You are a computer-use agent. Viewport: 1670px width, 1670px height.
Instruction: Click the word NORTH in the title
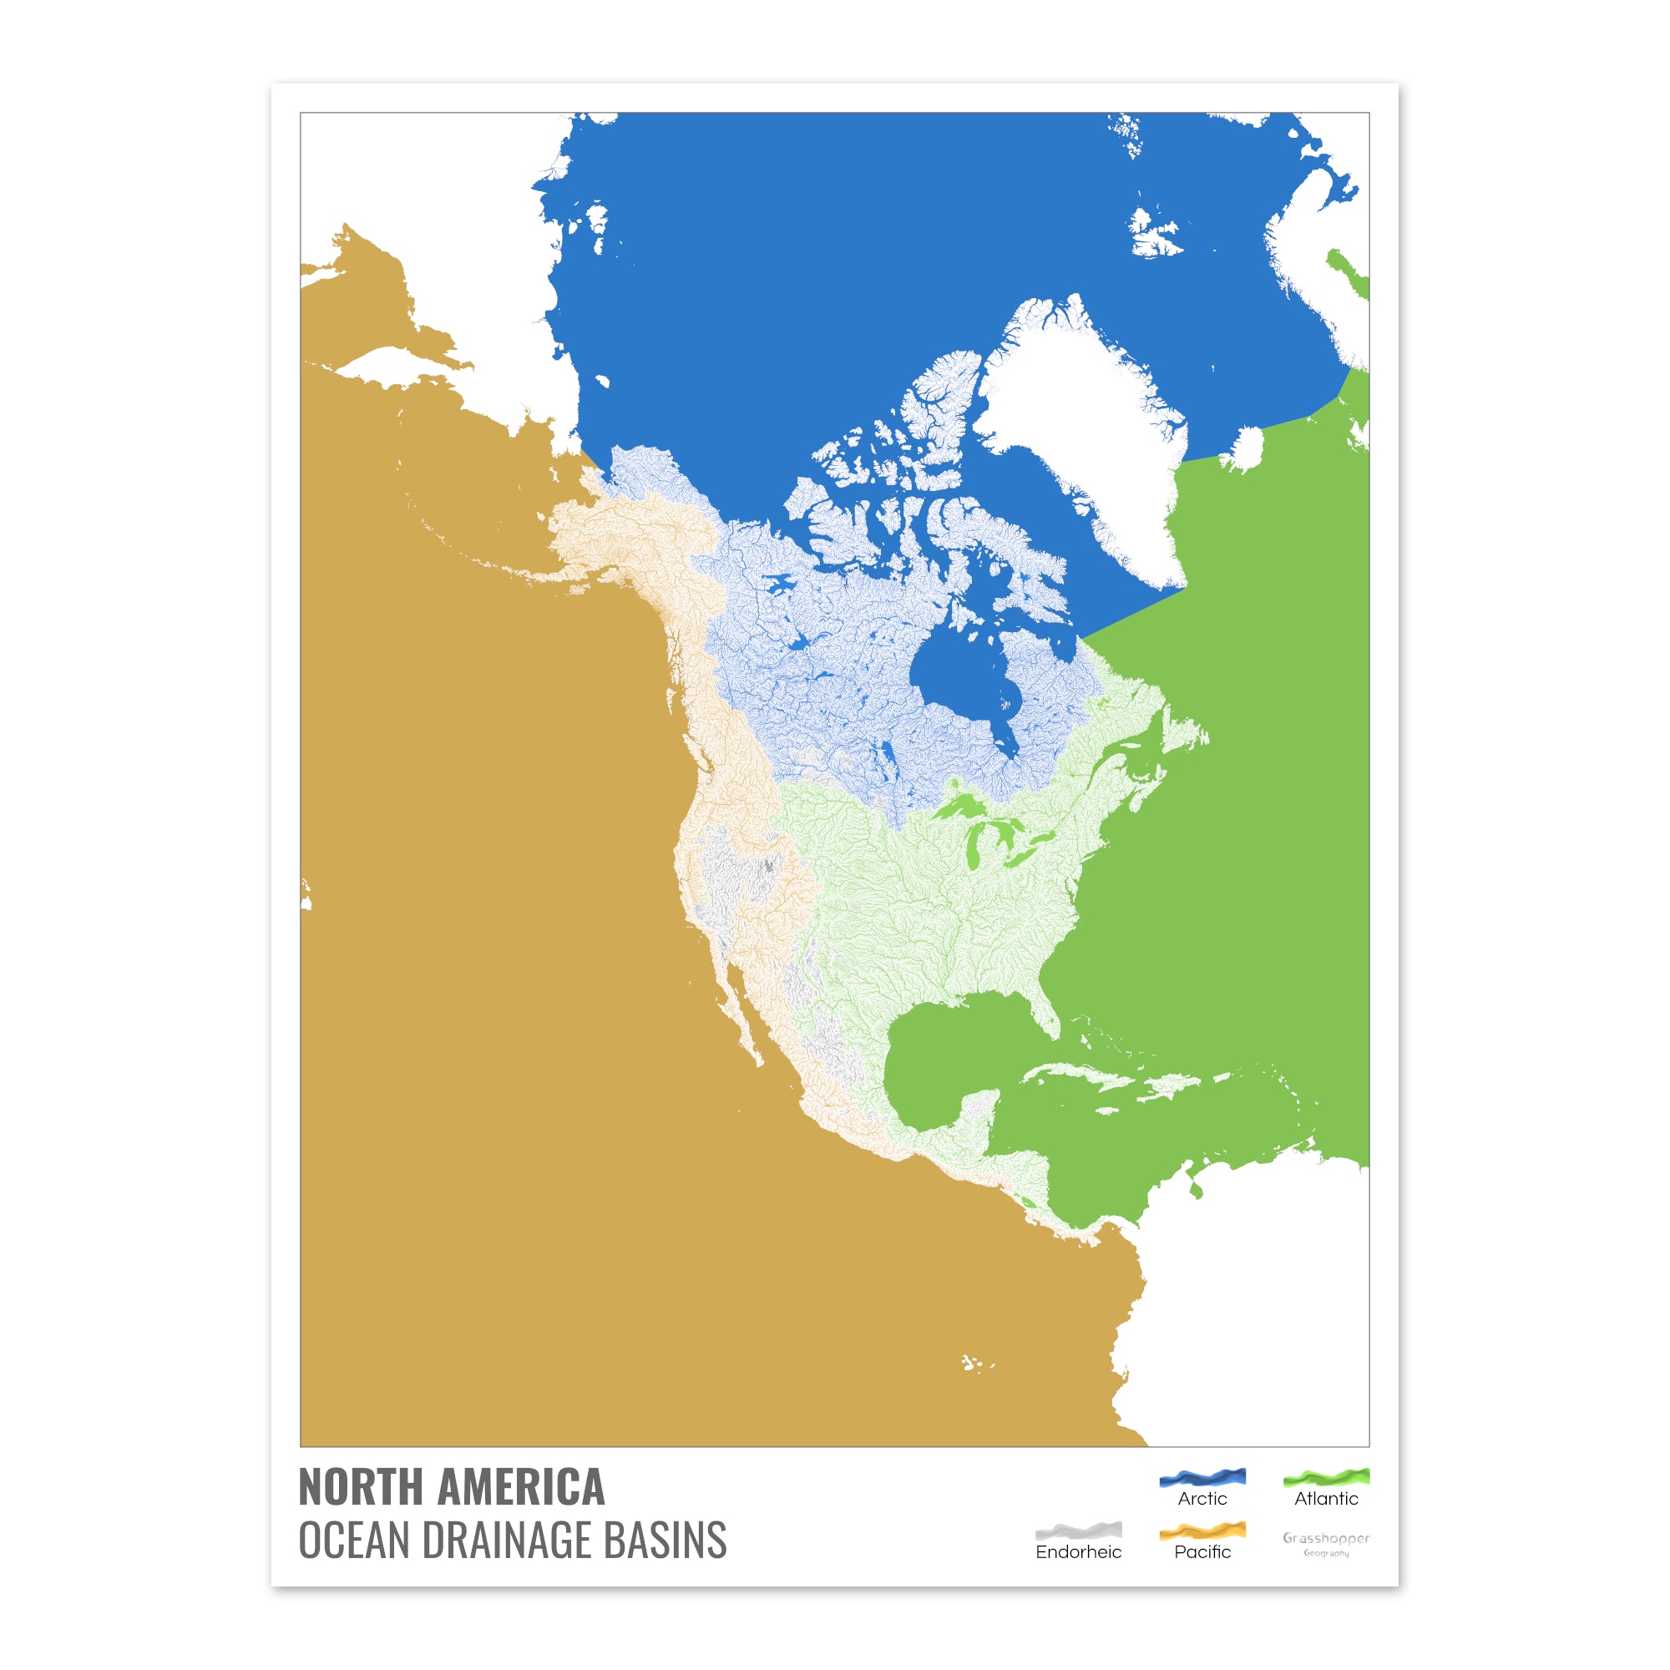pyautogui.click(x=364, y=1488)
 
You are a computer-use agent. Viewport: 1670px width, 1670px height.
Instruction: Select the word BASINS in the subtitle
pyautogui.click(x=665, y=1541)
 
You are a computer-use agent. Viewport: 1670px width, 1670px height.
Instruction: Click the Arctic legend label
pyautogui.click(x=1202, y=1499)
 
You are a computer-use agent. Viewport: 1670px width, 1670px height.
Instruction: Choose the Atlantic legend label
pyautogui.click(x=1326, y=1499)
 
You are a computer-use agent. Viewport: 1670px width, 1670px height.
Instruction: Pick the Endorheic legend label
pyautogui.click(x=1078, y=1552)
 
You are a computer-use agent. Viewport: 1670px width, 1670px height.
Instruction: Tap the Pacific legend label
pyautogui.click(x=1202, y=1552)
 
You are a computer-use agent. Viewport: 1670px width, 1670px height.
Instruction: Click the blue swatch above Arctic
pyautogui.click(x=1202, y=1477)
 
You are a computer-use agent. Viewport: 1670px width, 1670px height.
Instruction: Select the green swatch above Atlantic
pyautogui.click(x=1326, y=1477)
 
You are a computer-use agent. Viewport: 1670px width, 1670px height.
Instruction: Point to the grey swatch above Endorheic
pyautogui.click(x=1078, y=1531)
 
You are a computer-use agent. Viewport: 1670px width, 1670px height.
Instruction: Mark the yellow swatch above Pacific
pyautogui.click(x=1202, y=1531)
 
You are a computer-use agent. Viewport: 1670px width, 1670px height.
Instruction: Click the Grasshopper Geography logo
pyautogui.click(x=1326, y=1543)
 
